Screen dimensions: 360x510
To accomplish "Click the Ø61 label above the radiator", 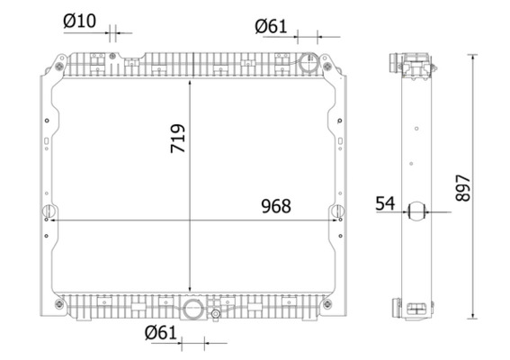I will coord(271,27).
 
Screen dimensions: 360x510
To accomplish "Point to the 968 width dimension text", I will coord(275,206).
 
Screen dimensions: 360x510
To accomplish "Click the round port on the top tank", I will coord(307,65).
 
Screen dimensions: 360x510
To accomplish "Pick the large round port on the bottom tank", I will coord(192,310).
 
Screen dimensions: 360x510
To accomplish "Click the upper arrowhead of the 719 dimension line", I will coord(189,80).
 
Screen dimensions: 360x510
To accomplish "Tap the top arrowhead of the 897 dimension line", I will coord(473,57).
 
